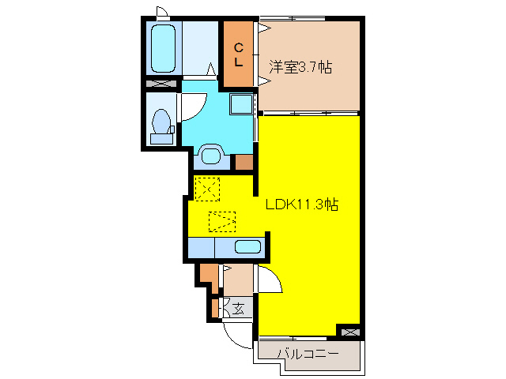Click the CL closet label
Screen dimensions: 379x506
[x=238, y=54]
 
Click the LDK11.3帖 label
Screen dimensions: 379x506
[x=301, y=205]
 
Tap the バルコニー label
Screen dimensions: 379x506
[x=308, y=353]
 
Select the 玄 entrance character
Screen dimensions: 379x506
[x=237, y=306]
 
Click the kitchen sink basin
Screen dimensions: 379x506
[x=247, y=246]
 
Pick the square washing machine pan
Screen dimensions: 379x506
[x=241, y=103]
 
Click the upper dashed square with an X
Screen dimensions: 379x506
[x=207, y=188]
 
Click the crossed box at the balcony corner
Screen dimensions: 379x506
[x=348, y=331]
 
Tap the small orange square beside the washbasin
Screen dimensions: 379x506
[x=244, y=163]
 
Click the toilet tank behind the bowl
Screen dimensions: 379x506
[x=161, y=139]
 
